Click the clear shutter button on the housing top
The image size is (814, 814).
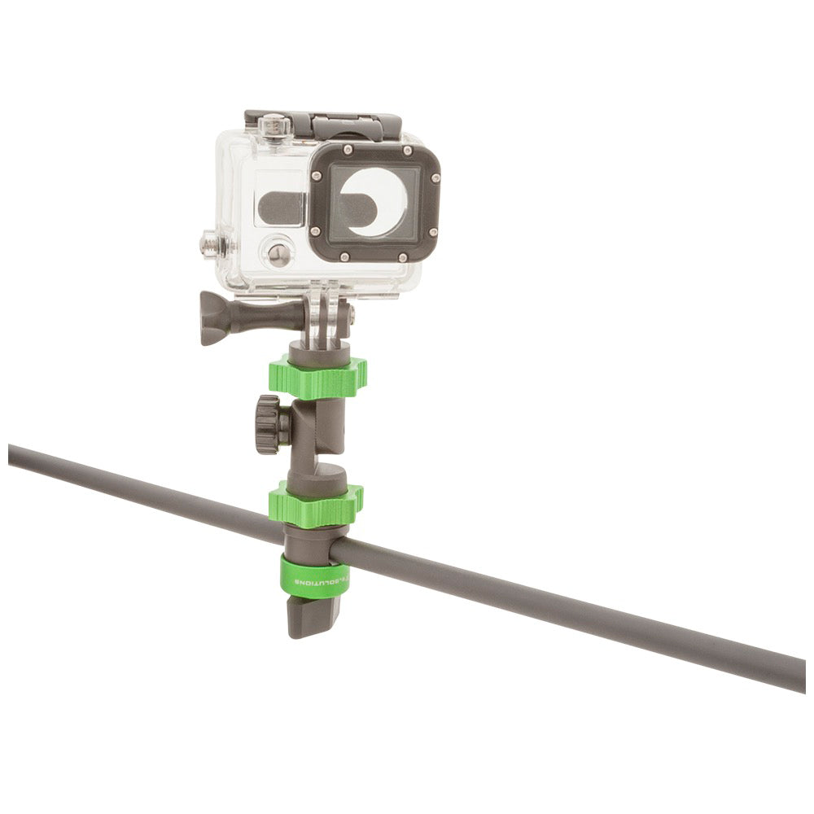point(274,125)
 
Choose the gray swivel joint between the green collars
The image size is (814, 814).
point(317,440)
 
